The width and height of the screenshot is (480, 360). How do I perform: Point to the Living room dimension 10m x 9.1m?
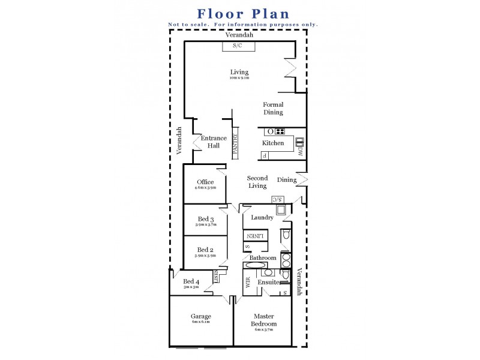point(239,79)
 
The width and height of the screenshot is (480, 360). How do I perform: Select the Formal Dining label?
point(273,109)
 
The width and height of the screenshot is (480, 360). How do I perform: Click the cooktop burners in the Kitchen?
point(280,131)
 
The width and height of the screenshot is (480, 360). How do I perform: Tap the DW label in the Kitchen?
point(300,153)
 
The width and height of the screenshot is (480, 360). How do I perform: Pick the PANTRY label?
point(236,144)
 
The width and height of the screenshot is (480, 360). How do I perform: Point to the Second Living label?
point(257,182)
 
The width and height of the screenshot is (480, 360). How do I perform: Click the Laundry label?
point(262,218)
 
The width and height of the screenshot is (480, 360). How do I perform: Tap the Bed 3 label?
point(205,220)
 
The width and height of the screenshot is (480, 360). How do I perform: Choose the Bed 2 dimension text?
point(205,256)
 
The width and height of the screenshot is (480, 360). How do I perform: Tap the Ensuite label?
point(268,282)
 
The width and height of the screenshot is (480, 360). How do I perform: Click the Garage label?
point(201,316)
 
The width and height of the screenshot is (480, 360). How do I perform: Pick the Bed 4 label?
point(191,281)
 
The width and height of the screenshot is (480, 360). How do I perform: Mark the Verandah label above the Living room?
point(239,35)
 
